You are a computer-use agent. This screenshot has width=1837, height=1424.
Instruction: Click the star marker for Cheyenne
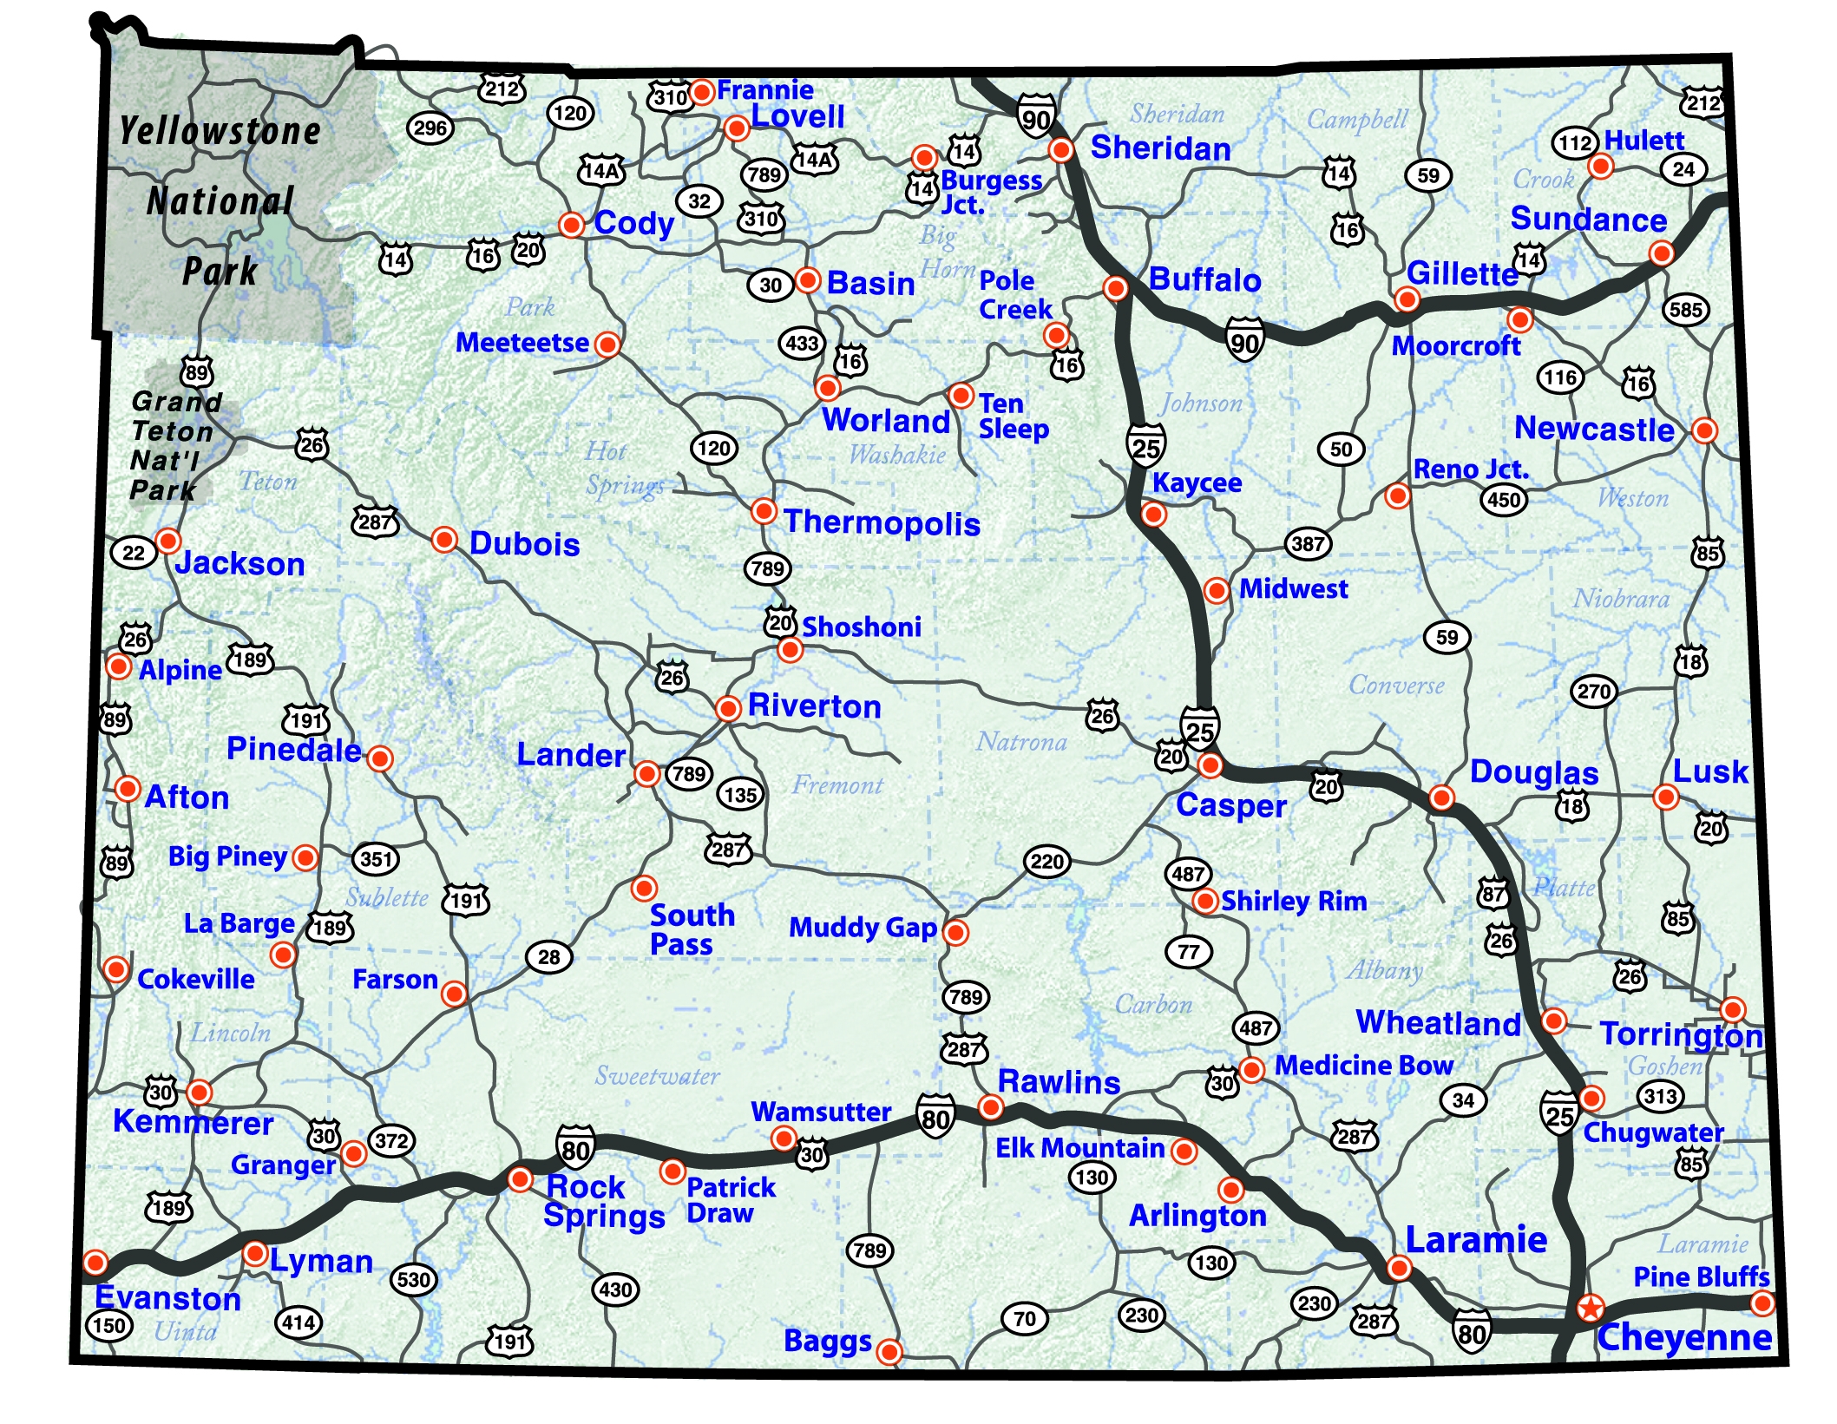click(x=1590, y=1308)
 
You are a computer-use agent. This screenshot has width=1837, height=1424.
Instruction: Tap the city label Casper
click(x=1230, y=805)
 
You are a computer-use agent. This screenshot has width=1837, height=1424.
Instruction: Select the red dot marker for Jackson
click(x=167, y=541)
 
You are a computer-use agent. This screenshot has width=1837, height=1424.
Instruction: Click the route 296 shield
click(x=430, y=128)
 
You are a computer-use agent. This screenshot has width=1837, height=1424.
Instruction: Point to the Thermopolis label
click(x=882, y=523)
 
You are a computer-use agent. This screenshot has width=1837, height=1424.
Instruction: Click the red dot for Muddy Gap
click(x=955, y=932)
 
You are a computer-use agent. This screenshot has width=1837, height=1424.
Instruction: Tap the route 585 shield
click(x=1685, y=310)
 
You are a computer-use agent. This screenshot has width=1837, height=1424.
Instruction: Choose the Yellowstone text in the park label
click(x=220, y=131)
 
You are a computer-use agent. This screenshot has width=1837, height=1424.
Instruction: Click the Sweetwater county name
click(x=657, y=1076)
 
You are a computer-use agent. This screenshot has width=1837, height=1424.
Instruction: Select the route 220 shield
click(x=1046, y=862)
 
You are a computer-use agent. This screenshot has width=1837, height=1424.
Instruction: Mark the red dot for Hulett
click(x=1600, y=166)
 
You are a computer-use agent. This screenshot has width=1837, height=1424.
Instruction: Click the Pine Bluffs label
click(x=1701, y=1276)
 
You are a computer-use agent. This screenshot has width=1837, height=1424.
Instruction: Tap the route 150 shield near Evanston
click(x=109, y=1325)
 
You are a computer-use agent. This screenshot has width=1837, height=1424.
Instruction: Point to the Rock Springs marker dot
click(x=520, y=1179)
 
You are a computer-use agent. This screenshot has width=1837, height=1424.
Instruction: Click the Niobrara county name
click(x=1621, y=599)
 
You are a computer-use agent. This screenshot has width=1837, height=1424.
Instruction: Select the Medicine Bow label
click(x=1363, y=1066)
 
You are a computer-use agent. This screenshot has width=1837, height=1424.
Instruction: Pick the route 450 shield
click(x=1503, y=500)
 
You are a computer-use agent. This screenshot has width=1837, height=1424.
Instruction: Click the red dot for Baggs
click(x=889, y=1351)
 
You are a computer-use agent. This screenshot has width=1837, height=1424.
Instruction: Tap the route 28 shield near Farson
click(x=548, y=957)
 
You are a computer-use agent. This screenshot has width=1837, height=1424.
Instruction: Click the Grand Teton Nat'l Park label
click(x=174, y=445)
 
